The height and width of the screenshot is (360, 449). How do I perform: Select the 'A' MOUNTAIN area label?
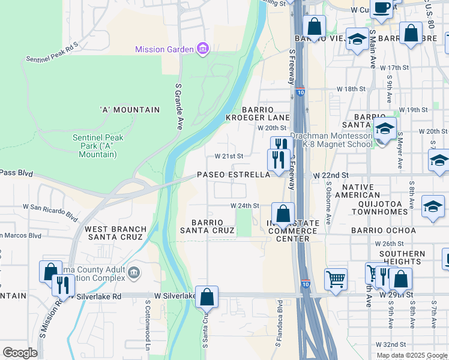[130, 110]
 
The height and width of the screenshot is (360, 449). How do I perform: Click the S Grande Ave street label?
[178, 106]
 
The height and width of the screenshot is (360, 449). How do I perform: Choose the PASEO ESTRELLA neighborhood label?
[234, 175]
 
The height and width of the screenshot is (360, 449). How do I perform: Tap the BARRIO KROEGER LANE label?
[266, 114]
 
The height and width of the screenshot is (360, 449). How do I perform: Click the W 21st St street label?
[229, 156]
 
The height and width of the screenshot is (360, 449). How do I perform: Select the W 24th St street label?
[246, 205]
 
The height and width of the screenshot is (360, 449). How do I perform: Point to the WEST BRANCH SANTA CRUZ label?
[115, 233]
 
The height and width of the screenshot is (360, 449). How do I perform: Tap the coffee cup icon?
[381, 7]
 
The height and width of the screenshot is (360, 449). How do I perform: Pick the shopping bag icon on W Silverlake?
[206, 296]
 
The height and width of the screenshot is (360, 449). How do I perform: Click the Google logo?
[20, 352]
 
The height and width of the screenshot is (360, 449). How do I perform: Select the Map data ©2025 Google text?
[412, 355]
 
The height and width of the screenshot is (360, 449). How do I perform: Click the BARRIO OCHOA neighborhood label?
[383, 230]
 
